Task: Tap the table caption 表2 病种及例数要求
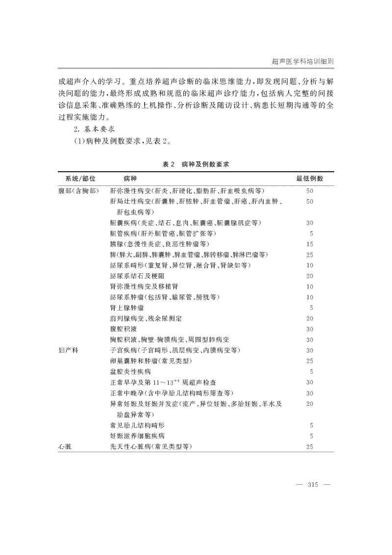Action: tap(196, 165)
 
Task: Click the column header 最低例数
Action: tap(309, 179)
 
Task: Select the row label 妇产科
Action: tap(69, 350)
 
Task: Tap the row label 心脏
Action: tap(65, 446)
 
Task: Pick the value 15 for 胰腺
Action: tap(309, 244)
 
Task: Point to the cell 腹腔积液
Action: tap(123, 329)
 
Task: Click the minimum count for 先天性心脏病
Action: tap(309, 446)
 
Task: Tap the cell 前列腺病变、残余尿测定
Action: tap(146, 318)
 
